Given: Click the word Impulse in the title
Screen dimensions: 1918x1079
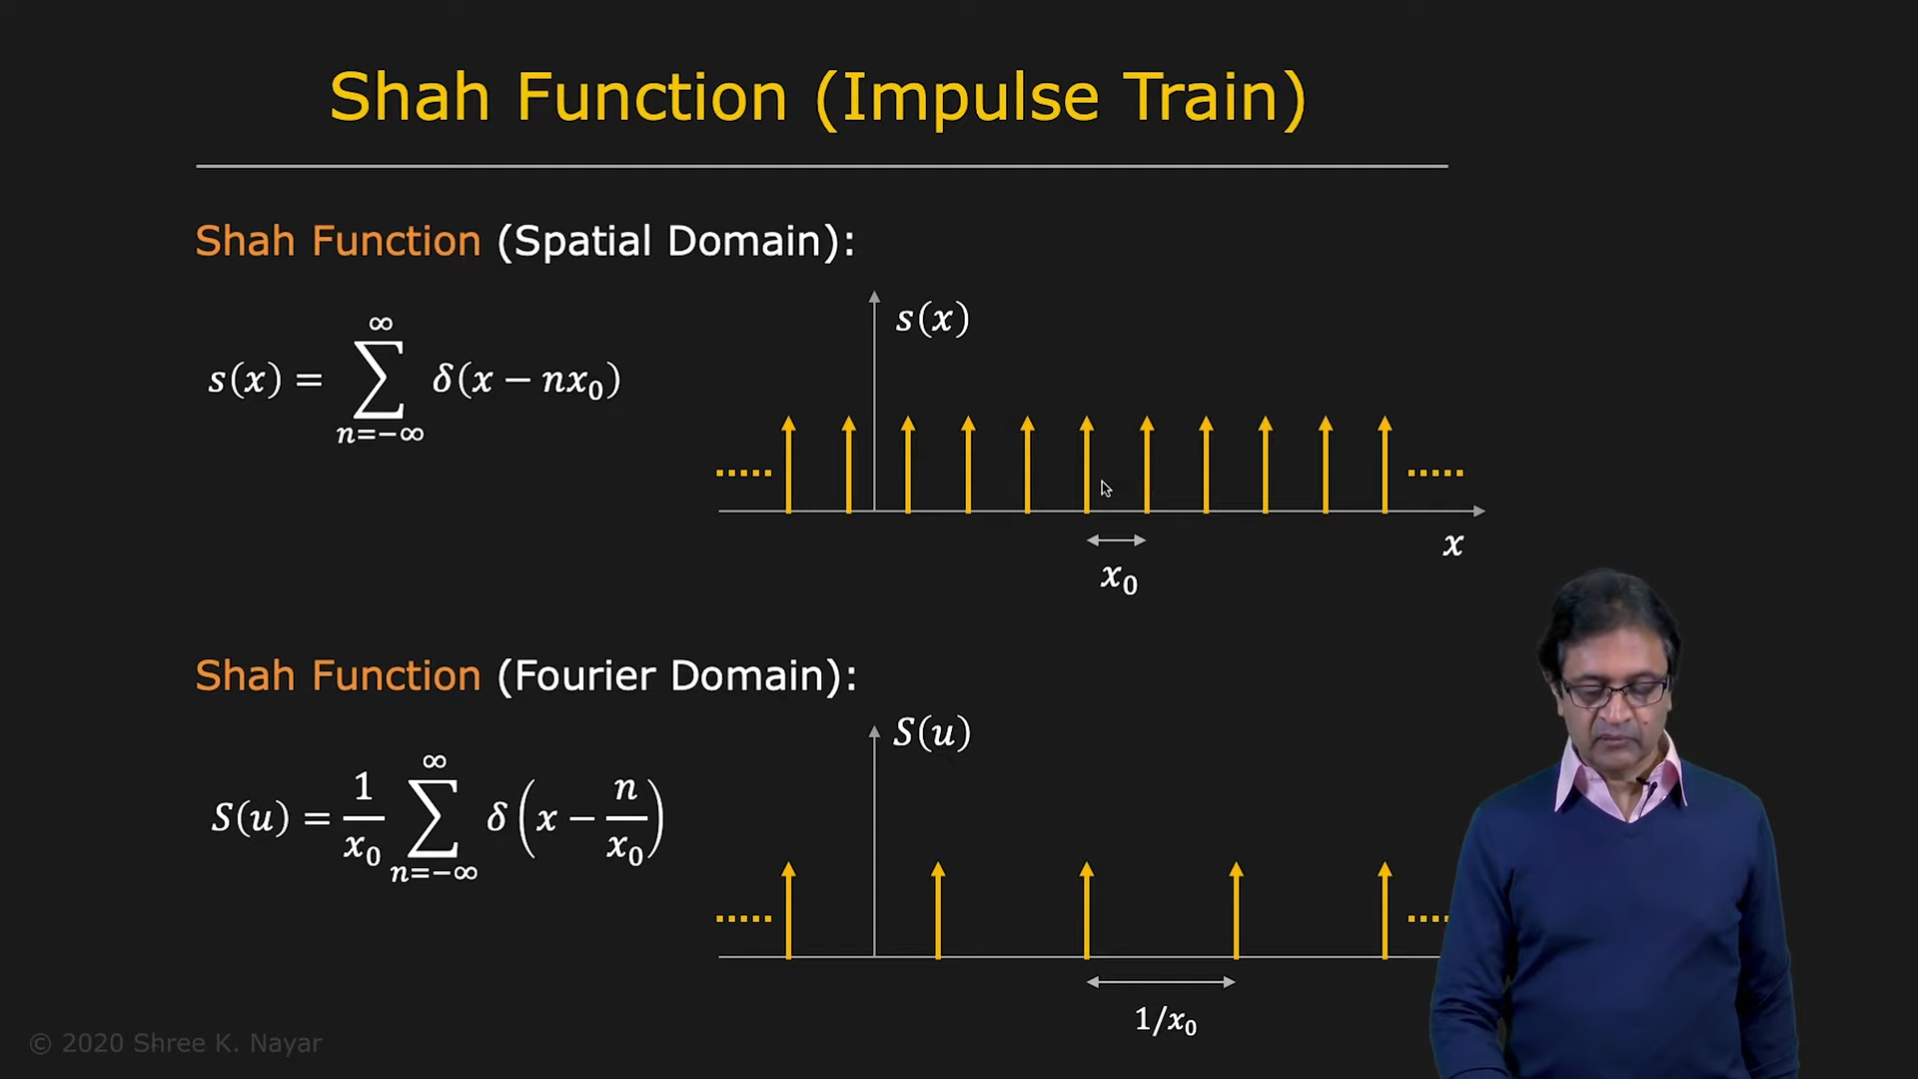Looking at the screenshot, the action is pos(969,99).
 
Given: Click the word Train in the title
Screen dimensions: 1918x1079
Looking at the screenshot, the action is pos(1203,97).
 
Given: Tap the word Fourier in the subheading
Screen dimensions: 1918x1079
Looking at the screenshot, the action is pos(584,676).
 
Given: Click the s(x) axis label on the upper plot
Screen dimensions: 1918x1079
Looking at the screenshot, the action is pos(932,319).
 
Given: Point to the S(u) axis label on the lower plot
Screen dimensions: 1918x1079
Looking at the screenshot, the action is pos(932,733).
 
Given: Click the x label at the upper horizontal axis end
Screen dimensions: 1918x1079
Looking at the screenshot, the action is pos(1453,544).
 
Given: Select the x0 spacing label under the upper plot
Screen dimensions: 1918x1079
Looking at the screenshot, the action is pos(1119,577).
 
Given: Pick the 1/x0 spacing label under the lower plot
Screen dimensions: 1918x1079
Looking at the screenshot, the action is pos(1166,1020).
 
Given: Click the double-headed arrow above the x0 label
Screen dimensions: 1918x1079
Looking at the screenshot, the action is pos(1117,540).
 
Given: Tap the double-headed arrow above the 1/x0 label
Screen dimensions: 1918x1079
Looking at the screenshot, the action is pos(1161,982).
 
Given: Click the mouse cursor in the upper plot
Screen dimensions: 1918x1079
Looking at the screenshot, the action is pos(1106,489).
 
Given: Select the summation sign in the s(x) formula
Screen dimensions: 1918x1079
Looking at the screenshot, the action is pos(379,380).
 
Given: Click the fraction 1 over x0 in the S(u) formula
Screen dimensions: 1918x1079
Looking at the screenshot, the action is pos(363,817).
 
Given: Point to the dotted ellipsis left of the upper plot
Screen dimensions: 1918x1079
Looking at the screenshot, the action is pos(744,473).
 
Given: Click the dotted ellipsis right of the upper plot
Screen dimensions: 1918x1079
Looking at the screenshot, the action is pos(1436,473).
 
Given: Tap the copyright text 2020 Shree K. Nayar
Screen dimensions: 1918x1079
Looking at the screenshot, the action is pos(176,1044).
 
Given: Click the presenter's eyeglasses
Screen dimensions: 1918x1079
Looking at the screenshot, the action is pos(1614,690).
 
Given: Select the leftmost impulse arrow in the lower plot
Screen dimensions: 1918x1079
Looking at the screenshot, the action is pos(789,910).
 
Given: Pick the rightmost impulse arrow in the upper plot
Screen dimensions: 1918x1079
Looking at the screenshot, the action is pos(1385,465).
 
